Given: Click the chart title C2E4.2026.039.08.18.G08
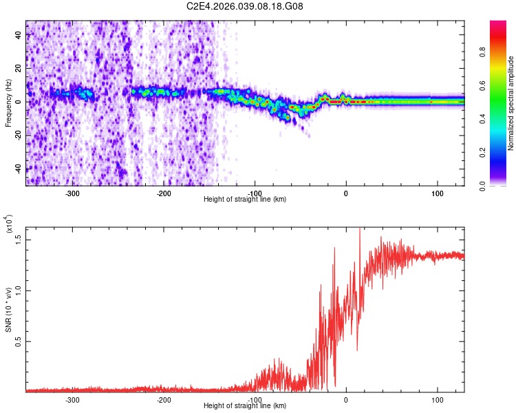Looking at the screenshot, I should coord(245,7).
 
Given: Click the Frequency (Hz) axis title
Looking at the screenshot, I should coord(8,103).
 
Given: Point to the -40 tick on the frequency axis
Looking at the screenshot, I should coord(18,169).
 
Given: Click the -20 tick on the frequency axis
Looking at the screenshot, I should coord(18,136).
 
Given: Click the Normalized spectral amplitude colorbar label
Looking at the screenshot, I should coord(510,103).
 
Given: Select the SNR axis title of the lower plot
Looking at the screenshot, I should coord(8,310).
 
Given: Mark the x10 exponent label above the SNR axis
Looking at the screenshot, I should coord(9,224).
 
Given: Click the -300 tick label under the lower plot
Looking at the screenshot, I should coord(73,399).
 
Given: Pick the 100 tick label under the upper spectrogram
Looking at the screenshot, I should coord(437,193).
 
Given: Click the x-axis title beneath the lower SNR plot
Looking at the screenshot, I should coord(245,406).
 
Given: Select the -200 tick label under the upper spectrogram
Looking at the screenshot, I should coord(164,193).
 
